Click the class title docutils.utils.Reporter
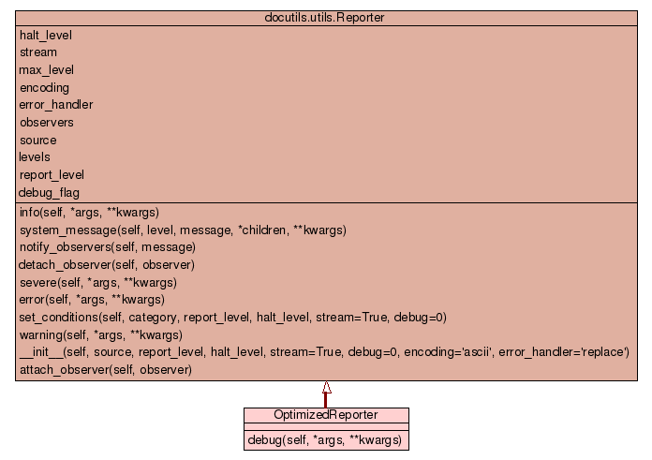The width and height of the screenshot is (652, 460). [326, 17]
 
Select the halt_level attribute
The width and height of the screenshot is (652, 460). [45, 35]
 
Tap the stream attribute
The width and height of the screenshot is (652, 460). [37, 52]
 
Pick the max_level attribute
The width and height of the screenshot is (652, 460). [46, 70]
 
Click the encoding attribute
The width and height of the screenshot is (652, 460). [44, 87]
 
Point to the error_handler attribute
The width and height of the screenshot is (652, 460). [55, 105]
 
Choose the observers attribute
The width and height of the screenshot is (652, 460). [46, 122]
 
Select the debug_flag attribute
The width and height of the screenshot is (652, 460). [49, 192]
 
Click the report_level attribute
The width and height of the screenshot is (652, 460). [52, 174]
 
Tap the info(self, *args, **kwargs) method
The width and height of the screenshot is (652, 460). [88, 212]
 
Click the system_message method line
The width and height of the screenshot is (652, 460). [183, 230]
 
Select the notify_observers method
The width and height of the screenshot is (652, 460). [107, 247]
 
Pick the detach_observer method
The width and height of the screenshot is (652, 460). [107, 265]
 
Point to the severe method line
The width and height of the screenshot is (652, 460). [97, 282]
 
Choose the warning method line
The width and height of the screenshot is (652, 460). [100, 334]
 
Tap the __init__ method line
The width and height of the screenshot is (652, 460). [323, 352]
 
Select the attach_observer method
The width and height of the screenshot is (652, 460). [105, 370]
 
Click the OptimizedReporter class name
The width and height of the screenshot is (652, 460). [326, 415]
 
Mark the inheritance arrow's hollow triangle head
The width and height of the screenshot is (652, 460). [326, 387]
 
